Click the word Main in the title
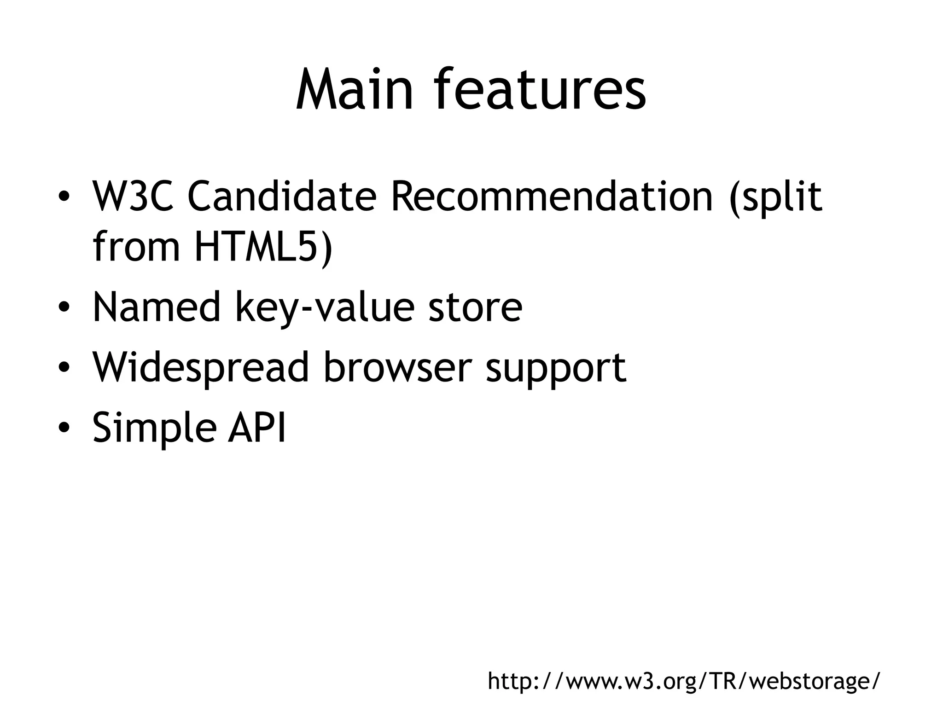click(354, 90)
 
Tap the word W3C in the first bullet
click(133, 197)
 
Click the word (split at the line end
click(776, 198)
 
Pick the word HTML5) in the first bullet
click(263, 247)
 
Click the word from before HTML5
click(136, 247)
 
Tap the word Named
click(157, 307)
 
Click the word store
click(475, 307)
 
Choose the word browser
click(397, 367)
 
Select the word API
click(257, 427)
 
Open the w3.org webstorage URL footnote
click(683, 681)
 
